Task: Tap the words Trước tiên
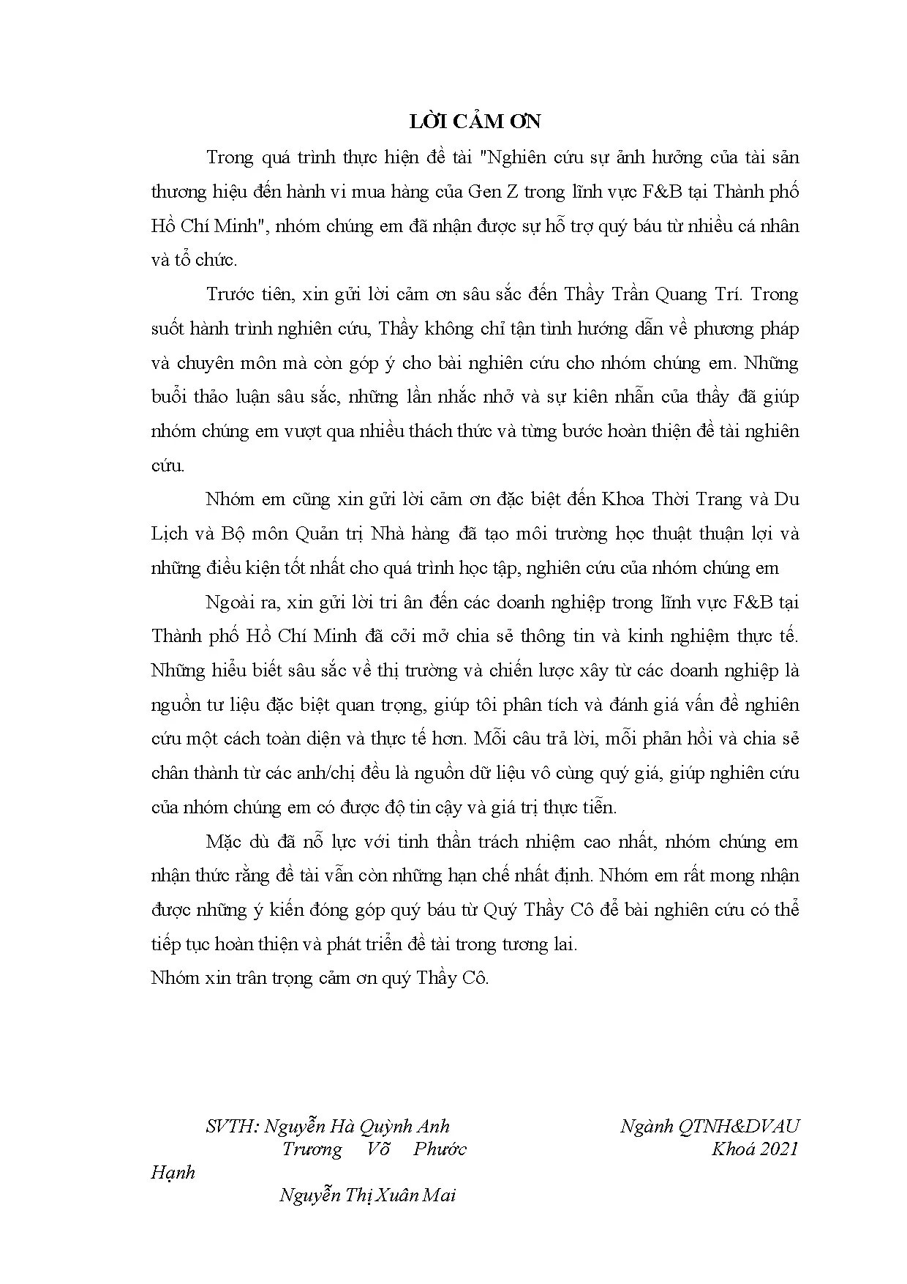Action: [246, 294]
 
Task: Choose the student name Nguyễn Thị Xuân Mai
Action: [367, 1195]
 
